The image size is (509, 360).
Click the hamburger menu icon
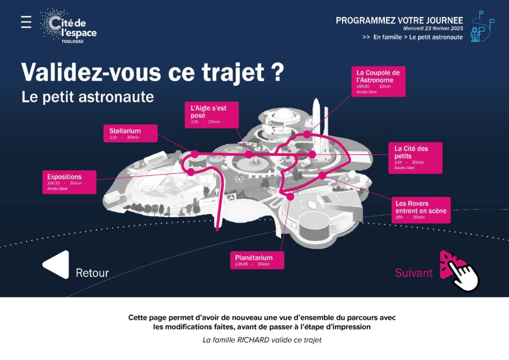pos(26,22)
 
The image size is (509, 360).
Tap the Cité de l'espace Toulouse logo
pos(69,26)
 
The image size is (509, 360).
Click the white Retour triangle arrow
pos(56,265)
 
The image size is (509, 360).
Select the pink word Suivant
pos(414,272)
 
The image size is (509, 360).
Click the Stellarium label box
pos(131,133)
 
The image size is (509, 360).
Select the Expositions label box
pos(70,182)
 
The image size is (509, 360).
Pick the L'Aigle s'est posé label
pos(212,115)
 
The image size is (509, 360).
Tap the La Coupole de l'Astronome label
pos(378,82)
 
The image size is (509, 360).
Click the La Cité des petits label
pos(416,158)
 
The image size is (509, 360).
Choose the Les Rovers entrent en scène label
pos(421,210)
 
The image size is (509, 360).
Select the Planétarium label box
pos(257,260)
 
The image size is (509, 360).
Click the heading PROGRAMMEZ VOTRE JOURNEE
pos(399,20)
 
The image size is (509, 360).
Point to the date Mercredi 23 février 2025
pos(433,28)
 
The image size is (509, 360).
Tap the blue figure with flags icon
pos(482,27)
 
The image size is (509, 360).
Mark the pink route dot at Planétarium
pos(290,196)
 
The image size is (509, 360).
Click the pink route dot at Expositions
pos(191,172)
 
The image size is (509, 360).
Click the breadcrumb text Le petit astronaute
pos(436,37)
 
